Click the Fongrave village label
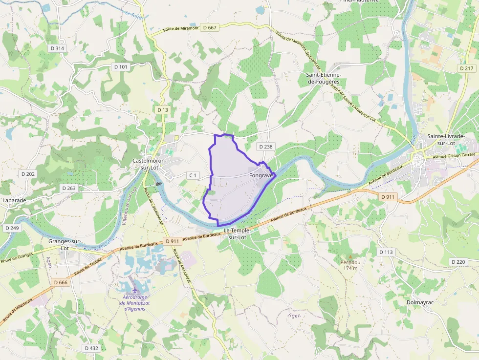tap(261, 175)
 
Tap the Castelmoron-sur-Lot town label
tap(150, 164)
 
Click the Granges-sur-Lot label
tap(65, 245)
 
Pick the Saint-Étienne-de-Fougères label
tap(323, 78)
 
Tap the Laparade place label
tap(14, 200)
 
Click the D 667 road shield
tap(212, 28)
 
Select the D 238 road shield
tap(266, 147)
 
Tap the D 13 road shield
tap(163, 110)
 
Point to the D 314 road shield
tap(57, 48)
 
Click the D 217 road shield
tap(467, 68)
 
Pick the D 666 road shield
tap(61, 282)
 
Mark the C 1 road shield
tap(193, 175)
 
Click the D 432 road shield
tap(91, 348)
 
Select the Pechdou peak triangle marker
tap(350, 256)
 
